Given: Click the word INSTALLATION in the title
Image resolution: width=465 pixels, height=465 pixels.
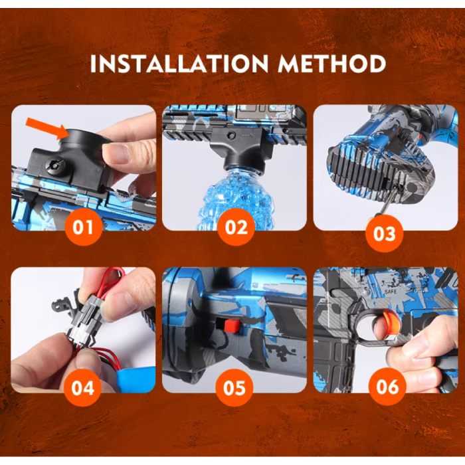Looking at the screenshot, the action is click(179, 64).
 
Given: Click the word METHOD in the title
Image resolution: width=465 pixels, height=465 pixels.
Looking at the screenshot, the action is click(332, 64).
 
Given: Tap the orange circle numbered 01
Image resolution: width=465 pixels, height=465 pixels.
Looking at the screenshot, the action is click(83, 227).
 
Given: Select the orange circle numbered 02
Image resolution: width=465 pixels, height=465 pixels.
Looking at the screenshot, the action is click(236, 227).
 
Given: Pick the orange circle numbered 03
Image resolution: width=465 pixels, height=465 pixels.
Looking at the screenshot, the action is click(385, 233).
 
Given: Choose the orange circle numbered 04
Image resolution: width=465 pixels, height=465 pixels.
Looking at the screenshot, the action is click(83, 387).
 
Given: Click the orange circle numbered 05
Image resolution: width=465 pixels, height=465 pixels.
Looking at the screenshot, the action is click(234, 387).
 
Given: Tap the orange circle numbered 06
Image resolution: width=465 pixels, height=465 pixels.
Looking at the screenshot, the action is click(387, 386).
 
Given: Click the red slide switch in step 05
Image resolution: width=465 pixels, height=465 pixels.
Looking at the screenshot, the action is click(231, 325).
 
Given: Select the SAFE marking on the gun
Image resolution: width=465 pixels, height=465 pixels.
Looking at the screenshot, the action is click(391, 292).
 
